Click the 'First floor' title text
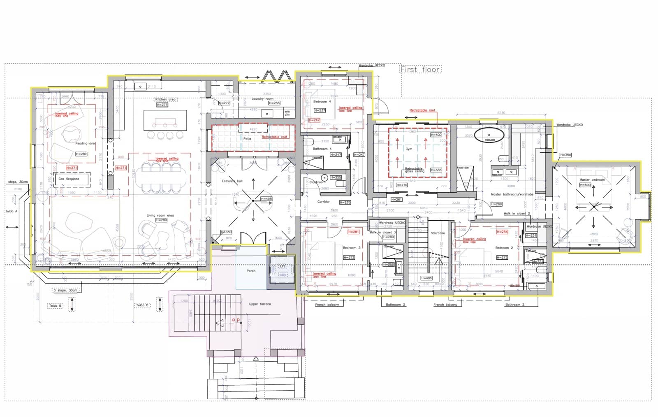point(420,70)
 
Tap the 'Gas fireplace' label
point(69,179)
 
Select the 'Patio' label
point(247,139)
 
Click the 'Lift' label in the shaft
point(282,266)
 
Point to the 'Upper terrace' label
point(260,304)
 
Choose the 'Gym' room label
point(409,149)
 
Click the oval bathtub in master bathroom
point(489,135)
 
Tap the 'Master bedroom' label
point(592,180)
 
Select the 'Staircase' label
point(438,233)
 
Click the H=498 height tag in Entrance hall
point(266,199)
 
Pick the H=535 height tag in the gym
point(436,170)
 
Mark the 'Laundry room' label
point(262,99)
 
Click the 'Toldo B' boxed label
point(55,306)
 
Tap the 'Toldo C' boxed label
point(142,305)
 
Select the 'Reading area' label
point(86,144)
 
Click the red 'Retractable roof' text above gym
point(422,110)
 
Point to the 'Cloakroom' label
point(317,182)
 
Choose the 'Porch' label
point(251,271)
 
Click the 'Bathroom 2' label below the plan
point(514,305)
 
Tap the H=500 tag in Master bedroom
point(585,185)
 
